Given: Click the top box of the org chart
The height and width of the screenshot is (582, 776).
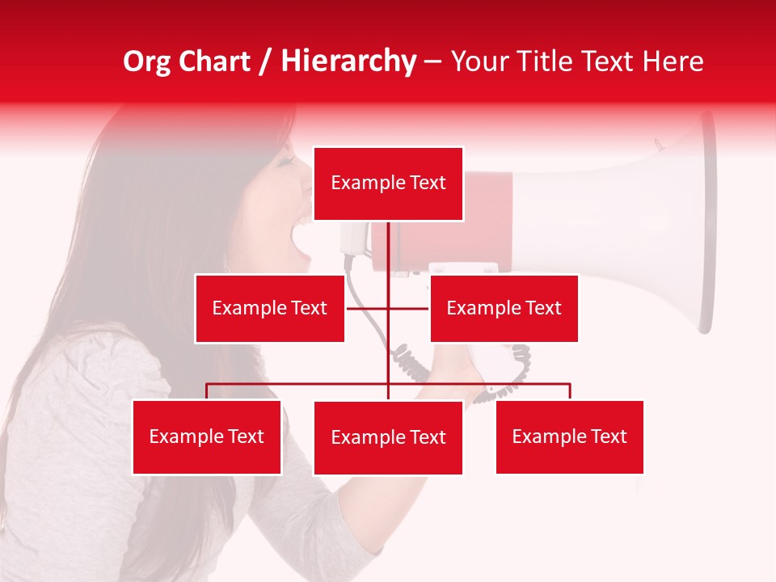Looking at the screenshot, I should pyautogui.click(x=388, y=183).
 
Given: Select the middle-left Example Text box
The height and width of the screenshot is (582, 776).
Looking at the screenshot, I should pyautogui.click(x=270, y=308).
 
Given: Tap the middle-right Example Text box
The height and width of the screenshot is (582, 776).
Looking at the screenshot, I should pyautogui.click(x=504, y=308).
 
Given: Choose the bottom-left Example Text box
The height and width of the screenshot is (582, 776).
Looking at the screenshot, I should pyautogui.click(x=206, y=436).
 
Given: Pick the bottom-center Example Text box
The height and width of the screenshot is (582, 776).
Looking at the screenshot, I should pyautogui.click(x=388, y=437).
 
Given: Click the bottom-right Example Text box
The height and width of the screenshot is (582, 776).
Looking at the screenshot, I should pyautogui.click(x=569, y=436).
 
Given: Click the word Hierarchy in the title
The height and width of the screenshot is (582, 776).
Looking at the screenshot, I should pyautogui.click(x=348, y=61).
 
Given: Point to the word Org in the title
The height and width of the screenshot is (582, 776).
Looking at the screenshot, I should pyautogui.click(x=146, y=61).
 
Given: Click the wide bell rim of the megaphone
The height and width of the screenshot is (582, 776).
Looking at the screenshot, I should pyautogui.click(x=706, y=222).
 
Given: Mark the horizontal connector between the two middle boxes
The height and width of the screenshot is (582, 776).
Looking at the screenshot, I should pyautogui.click(x=368, y=308).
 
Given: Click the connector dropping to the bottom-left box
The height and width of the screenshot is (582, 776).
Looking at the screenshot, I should pyautogui.click(x=207, y=391).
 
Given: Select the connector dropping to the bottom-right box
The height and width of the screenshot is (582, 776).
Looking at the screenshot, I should pyautogui.click(x=570, y=391).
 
